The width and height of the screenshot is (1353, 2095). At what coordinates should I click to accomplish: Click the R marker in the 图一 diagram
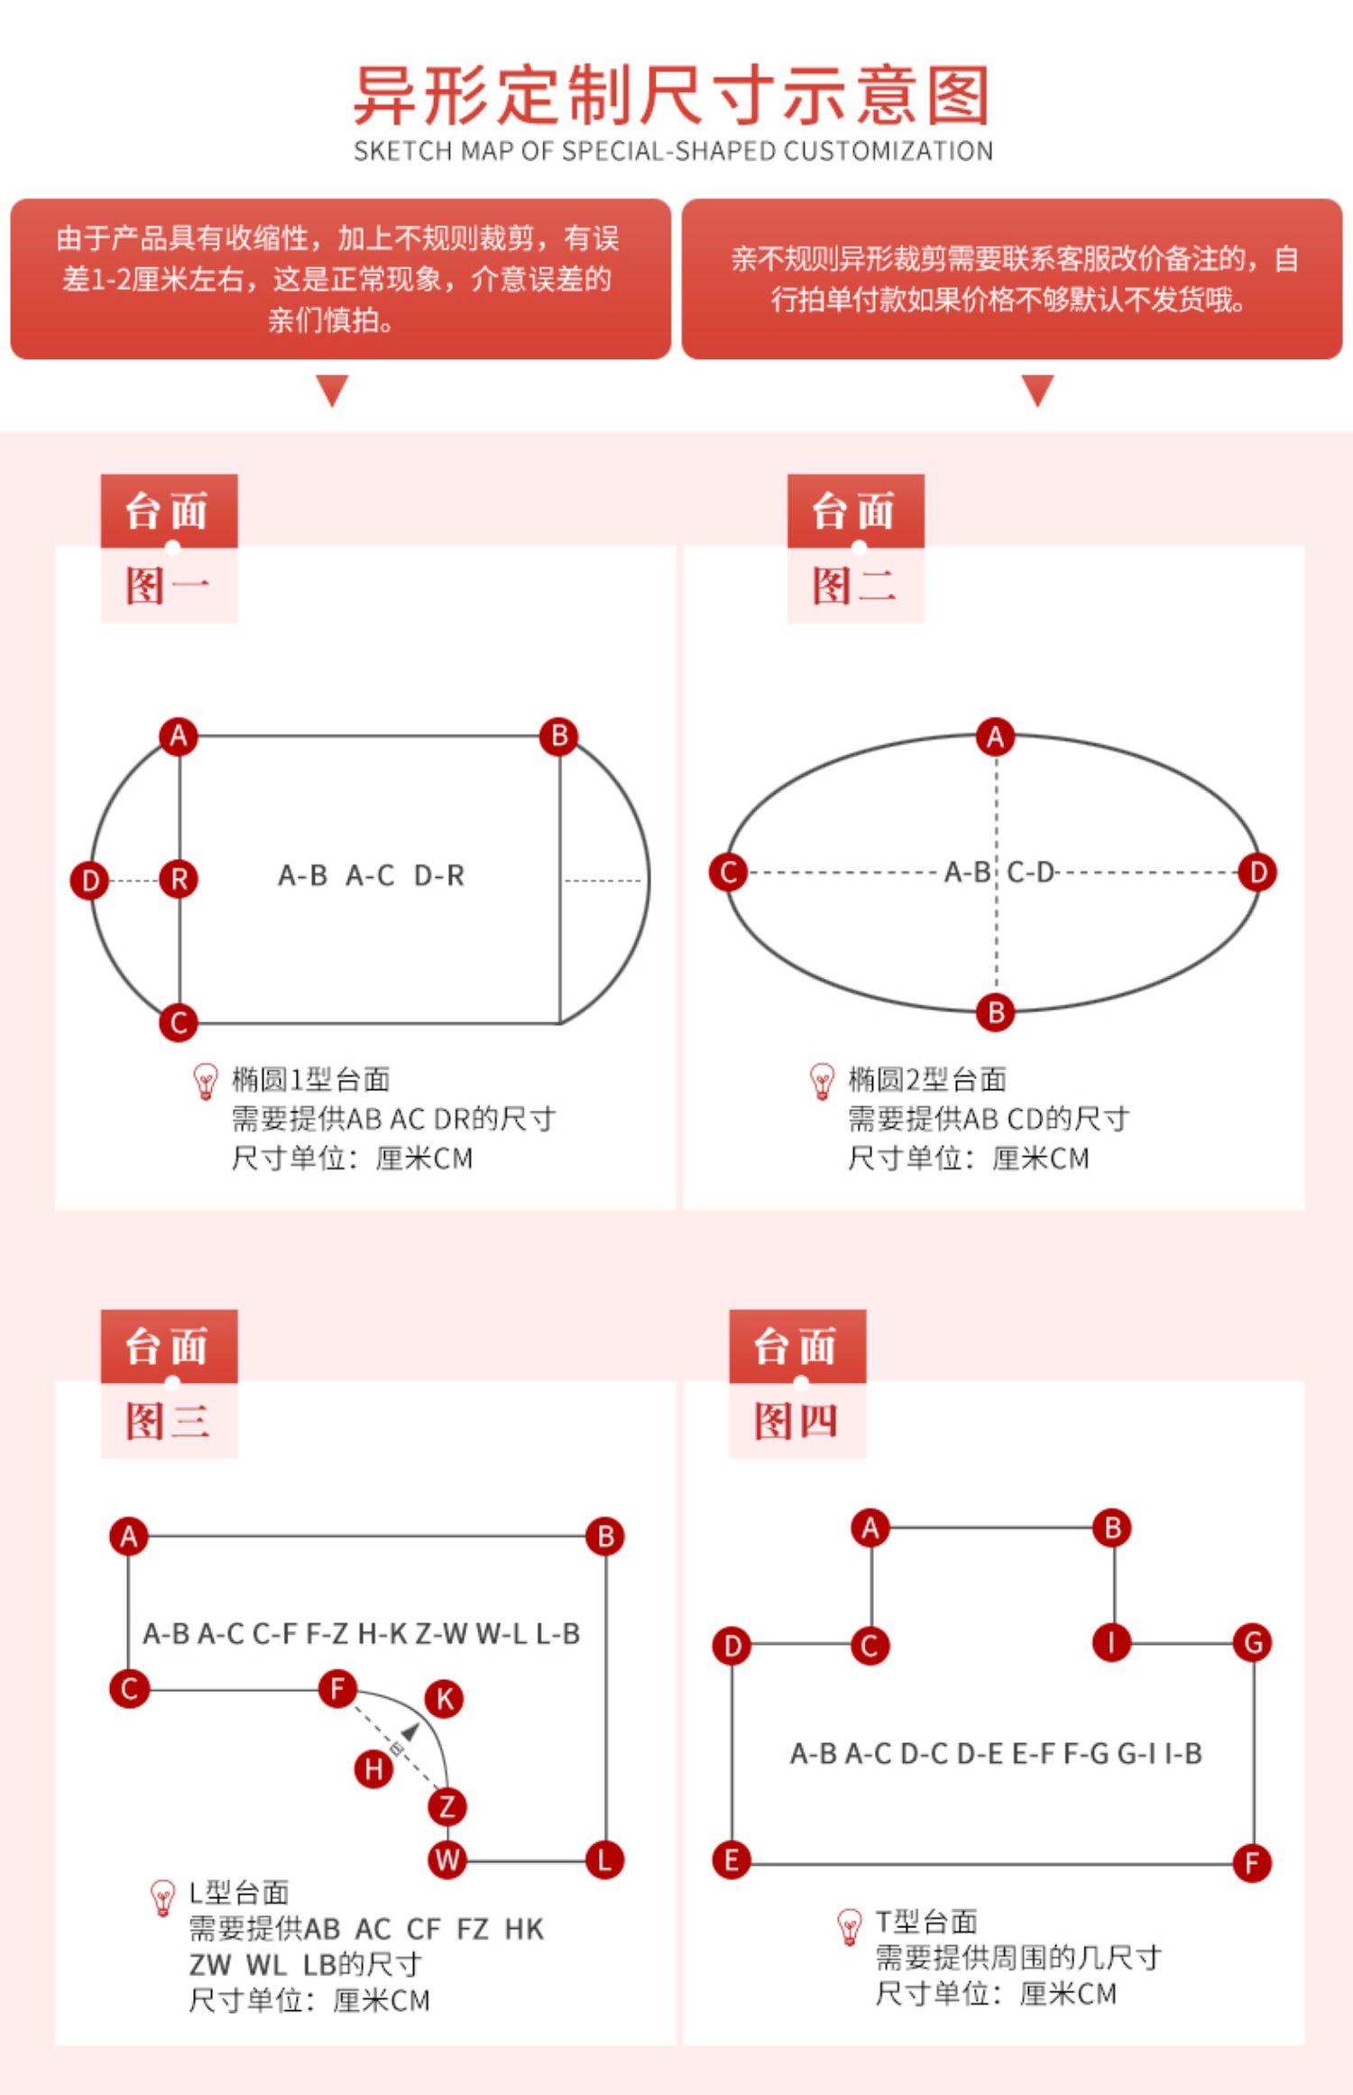click(x=179, y=879)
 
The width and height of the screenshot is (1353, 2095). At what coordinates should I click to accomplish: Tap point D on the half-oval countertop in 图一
click(x=89, y=881)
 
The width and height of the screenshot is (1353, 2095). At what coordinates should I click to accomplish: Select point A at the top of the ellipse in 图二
click(x=995, y=737)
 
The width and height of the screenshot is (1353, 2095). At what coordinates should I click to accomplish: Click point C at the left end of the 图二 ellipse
click(x=728, y=872)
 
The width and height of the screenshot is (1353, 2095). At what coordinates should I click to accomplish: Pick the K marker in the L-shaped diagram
click(x=445, y=1699)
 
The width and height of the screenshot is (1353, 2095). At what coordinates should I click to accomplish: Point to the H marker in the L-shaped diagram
click(x=373, y=1769)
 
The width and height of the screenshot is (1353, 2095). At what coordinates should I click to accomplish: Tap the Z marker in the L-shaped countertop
click(x=446, y=1806)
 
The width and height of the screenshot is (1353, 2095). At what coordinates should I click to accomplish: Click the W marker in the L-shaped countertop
click(x=446, y=1860)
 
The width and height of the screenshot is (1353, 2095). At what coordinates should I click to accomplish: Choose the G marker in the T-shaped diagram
click(x=1253, y=1643)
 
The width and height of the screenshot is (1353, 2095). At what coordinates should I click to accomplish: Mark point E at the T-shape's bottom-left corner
click(x=731, y=1860)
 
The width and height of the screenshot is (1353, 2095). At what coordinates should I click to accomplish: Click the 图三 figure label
click(x=168, y=1422)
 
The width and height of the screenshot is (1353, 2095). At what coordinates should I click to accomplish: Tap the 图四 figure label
click(x=796, y=1422)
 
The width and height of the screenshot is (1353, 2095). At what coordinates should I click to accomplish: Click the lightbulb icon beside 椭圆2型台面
click(x=822, y=1081)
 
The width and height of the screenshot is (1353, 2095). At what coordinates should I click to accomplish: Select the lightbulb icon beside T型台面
click(x=849, y=1927)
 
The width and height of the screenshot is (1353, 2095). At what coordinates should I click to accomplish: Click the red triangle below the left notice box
click(x=332, y=390)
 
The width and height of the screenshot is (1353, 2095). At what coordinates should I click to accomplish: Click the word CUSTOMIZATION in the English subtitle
click(x=888, y=152)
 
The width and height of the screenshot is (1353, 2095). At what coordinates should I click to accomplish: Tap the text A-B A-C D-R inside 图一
click(x=371, y=875)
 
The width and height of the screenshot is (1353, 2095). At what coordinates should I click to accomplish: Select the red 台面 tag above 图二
click(x=855, y=511)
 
